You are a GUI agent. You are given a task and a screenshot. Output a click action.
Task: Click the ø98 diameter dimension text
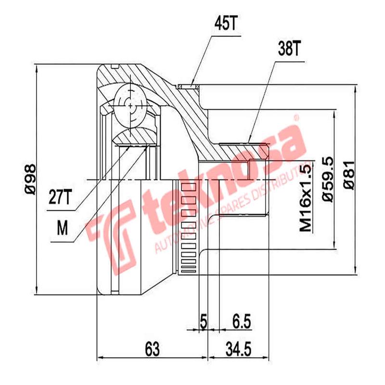(x=30, y=179)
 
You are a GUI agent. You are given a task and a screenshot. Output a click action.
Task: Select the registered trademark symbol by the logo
(x=297, y=117)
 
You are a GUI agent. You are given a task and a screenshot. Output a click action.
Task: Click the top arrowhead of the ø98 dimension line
(x=37, y=67)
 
